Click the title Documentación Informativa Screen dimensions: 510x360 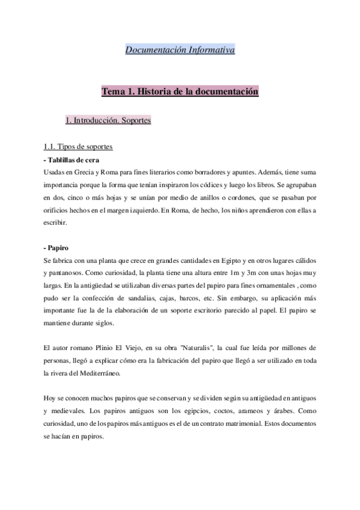[x=180, y=49]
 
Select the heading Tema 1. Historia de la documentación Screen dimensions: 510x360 [x=180, y=92]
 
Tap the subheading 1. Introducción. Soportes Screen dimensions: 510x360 [x=108, y=121]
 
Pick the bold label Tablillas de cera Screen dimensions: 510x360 [x=73, y=160]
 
